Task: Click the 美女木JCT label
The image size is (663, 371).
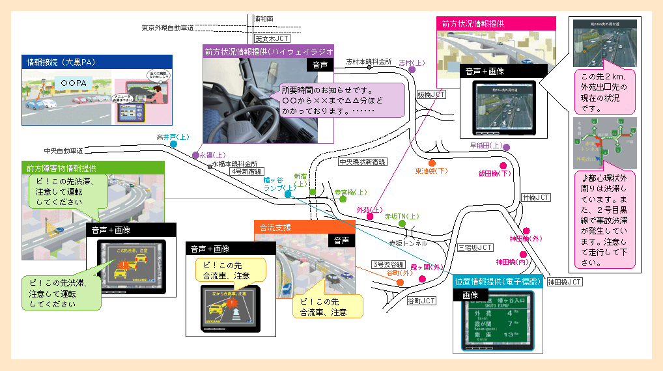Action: click(268, 38)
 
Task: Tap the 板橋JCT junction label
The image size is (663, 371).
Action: click(431, 95)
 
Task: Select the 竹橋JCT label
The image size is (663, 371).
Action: click(536, 197)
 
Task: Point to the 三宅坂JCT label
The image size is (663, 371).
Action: click(475, 248)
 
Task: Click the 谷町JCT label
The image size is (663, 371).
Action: click(421, 301)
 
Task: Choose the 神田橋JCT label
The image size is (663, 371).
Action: click(564, 282)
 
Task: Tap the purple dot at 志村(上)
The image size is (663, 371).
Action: click(412, 70)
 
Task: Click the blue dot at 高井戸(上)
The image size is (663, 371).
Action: click(174, 144)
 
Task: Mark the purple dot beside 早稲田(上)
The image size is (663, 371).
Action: click(506, 147)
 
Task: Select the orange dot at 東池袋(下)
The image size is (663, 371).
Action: click(432, 163)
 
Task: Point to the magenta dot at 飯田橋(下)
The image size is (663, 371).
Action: click(503, 166)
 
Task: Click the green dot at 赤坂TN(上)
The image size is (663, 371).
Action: click(402, 223)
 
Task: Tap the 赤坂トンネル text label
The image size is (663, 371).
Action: click(408, 243)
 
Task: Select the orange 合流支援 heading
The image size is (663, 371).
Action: click(275, 228)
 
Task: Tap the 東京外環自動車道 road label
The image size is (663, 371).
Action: click(167, 28)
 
